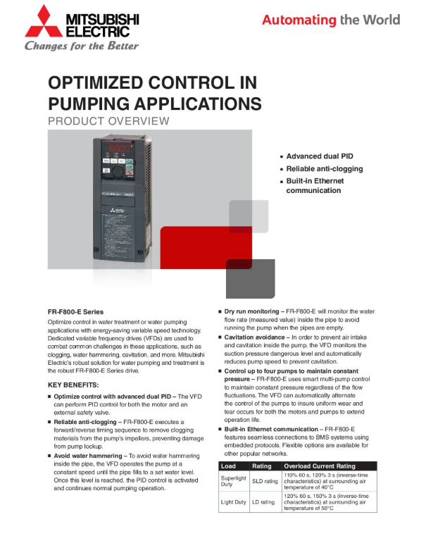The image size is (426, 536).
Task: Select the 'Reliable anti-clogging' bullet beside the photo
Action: (x=325, y=169)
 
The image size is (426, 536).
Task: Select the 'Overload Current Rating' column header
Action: (x=320, y=466)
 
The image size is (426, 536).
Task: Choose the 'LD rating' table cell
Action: (x=264, y=502)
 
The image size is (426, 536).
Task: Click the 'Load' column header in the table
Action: (x=229, y=466)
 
